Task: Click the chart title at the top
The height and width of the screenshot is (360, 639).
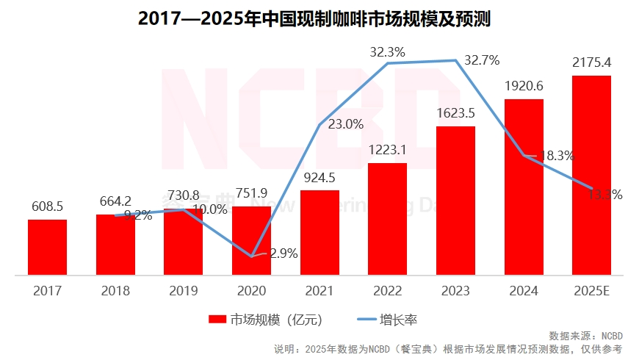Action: (319, 18)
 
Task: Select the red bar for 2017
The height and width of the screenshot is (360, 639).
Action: (48, 248)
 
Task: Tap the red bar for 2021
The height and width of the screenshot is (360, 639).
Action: (319, 233)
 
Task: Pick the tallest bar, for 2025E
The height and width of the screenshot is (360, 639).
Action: (591, 176)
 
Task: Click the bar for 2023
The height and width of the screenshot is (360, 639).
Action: (455, 201)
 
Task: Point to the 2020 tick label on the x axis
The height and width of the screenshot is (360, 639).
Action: (251, 291)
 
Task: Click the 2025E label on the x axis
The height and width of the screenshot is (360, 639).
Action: (591, 291)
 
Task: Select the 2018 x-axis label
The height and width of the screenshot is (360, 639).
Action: (115, 291)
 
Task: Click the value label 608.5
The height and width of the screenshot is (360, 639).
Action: (48, 207)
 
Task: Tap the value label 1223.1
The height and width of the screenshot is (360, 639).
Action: (387, 150)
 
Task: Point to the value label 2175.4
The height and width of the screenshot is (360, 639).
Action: (591, 62)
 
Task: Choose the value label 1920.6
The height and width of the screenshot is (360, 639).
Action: (524, 86)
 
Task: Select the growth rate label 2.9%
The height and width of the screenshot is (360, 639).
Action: (283, 253)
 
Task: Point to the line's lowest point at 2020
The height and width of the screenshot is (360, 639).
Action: (251, 256)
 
